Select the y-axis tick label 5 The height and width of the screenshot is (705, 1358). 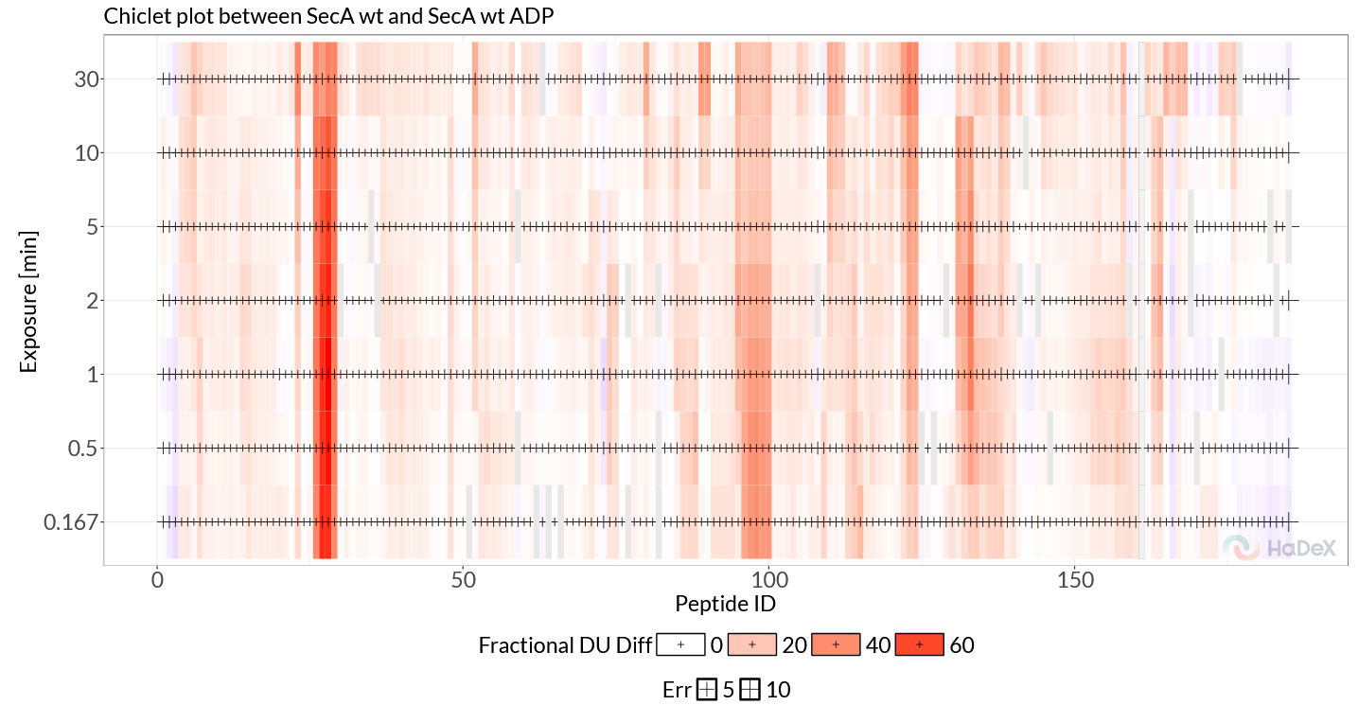(91, 227)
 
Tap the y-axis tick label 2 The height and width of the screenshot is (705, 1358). (91, 301)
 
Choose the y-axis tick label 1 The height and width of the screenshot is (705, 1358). (91, 375)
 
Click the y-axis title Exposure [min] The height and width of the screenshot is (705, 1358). (29, 301)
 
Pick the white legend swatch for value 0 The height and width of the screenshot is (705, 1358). (680, 644)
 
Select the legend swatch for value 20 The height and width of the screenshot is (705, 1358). (752, 644)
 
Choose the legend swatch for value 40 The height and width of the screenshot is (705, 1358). (836, 644)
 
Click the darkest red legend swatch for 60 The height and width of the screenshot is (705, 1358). (919, 644)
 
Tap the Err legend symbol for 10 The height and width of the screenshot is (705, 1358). (750, 690)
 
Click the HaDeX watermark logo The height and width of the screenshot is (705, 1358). (1279, 547)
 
